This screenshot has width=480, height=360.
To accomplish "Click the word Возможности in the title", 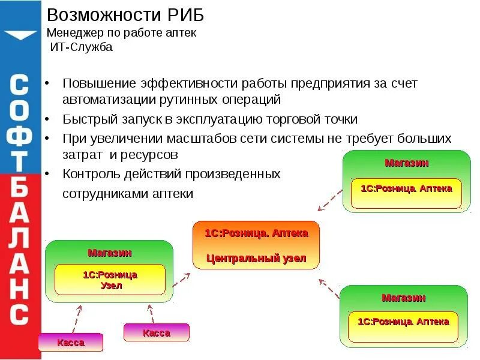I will [x=96, y=14].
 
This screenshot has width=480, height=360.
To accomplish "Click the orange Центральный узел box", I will [x=256, y=245].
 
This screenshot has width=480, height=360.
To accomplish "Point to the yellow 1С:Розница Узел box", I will [x=110, y=280].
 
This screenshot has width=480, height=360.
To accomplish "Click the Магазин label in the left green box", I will [x=110, y=253].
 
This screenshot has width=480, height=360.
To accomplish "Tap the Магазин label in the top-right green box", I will [x=407, y=163].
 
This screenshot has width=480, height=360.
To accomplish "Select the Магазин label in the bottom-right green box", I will [x=404, y=298].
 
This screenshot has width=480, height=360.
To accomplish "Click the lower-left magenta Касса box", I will [x=71, y=343].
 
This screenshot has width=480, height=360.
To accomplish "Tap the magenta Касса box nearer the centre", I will [x=156, y=332].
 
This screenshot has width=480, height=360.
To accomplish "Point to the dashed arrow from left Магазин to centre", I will [x=181, y=279].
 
